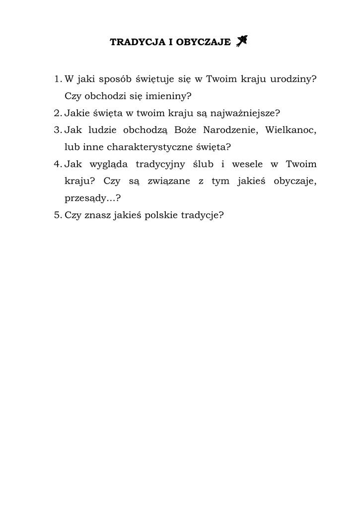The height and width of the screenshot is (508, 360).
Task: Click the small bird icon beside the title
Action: click(242, 41)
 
